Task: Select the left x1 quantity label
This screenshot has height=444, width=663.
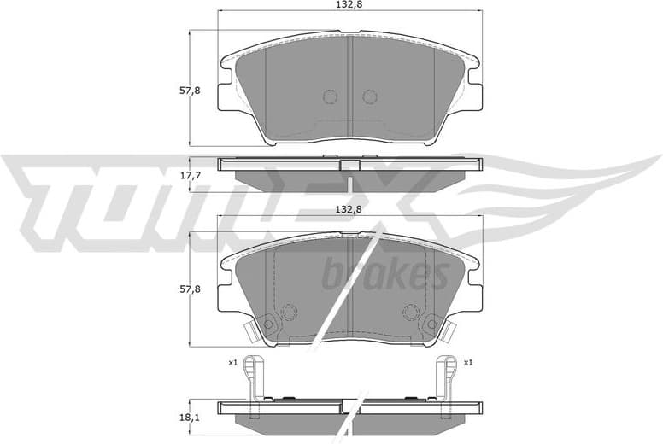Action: (x=232, y=363)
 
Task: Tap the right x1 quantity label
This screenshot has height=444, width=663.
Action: (x=468, y=363)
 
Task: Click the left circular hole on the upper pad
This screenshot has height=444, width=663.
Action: (x=331, y=96)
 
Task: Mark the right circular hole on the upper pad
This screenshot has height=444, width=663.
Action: (x=370, y=96)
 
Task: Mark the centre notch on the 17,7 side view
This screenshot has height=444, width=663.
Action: (x=350, y=166)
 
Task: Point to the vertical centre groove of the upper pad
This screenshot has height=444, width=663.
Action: (x=350, y=85)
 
